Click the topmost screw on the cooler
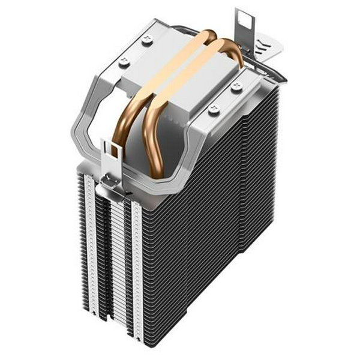pos(148,40)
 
